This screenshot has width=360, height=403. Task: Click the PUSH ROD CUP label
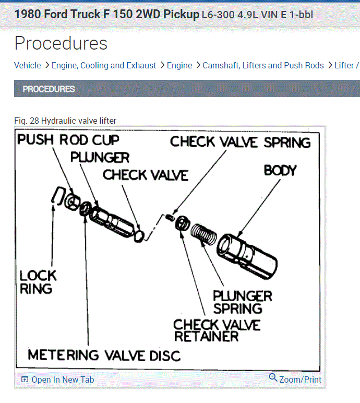[68, 140]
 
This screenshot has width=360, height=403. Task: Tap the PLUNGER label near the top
[100, 157]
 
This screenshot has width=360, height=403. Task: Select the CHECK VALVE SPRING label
[240, 141]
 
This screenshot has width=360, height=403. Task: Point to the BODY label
[280, 171]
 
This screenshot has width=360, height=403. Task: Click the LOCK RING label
[38, 282]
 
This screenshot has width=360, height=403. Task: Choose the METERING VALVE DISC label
[104, 355]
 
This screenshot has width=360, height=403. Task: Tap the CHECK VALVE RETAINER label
[217, 331]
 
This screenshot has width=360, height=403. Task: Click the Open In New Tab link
[63, 380]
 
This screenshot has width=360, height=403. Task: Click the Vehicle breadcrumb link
[27, 65]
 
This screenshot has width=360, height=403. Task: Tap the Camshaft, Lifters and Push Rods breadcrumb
[263, 65]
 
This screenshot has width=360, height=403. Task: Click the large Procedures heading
[61, 43]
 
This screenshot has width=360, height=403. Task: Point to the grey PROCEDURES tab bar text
[49, 89]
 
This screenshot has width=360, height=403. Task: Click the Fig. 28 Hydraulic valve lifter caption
[65, 121]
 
